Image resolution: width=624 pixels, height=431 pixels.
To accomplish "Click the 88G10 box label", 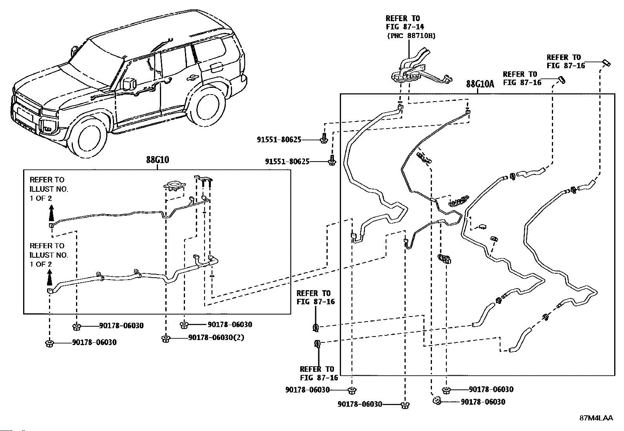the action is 158,160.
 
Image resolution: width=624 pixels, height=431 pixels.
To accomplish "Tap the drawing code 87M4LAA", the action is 596,418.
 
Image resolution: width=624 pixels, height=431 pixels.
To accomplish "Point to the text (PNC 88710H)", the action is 411,36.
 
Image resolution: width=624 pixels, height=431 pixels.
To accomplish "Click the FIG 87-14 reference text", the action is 405,27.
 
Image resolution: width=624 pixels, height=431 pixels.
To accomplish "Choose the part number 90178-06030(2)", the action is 216,338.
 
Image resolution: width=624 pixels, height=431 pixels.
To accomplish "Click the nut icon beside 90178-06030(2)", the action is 166,339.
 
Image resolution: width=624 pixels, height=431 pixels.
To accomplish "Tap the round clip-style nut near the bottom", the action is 437,401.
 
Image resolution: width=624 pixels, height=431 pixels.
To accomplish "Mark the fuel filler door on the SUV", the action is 217,67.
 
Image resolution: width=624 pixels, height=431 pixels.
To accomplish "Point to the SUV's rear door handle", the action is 192,78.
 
